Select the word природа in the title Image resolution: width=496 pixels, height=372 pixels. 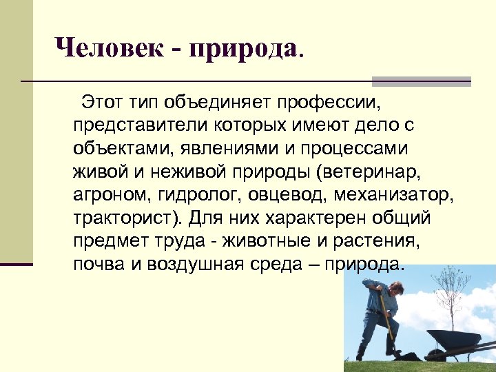[248, 48]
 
